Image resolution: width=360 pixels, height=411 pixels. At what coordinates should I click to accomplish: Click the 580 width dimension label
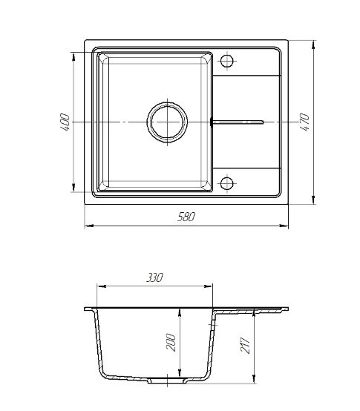click(186, 217)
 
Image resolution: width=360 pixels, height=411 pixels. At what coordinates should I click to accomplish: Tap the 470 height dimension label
click(304, 122)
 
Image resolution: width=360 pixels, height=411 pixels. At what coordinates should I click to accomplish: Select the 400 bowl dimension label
click(65, 122)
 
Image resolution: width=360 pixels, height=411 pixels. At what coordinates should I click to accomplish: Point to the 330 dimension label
click(154, 277)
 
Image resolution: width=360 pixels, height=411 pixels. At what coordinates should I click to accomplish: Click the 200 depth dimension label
click(171, 342)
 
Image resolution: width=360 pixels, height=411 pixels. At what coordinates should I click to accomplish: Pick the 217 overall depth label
click(245, 345)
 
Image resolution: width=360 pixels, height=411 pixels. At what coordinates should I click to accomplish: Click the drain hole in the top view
click(167, 122)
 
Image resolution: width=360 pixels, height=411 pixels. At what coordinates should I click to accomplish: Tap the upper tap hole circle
click(227, 61)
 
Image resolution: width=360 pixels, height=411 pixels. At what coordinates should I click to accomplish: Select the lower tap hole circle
click(227, 183)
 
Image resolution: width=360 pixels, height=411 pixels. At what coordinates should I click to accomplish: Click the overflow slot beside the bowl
click(238, 122)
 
